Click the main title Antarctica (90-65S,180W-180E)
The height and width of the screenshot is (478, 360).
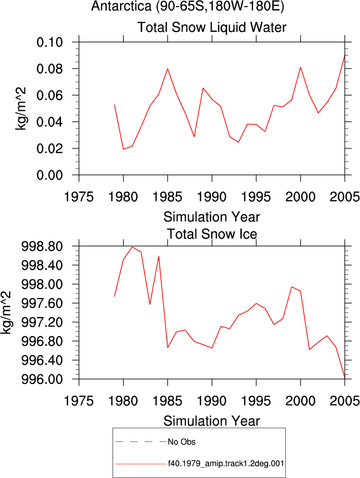188,6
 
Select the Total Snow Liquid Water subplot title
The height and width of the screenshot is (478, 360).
212,27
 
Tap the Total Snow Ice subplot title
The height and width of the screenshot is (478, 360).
212,234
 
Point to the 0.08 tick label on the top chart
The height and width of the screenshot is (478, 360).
50,69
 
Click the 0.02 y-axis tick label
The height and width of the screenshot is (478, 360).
50,148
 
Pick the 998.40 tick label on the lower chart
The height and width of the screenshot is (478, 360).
42,265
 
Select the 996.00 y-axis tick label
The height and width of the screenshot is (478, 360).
42,379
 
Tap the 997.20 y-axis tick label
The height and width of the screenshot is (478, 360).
42,322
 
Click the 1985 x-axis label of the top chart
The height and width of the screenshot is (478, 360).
167,197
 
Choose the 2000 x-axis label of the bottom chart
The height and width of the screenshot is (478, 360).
301,401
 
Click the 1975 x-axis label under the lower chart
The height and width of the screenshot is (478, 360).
79,401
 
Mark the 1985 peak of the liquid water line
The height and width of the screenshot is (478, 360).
167,69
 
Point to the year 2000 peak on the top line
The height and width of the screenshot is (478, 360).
301,67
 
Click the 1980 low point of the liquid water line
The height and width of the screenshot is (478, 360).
123,149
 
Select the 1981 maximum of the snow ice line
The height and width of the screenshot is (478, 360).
132,247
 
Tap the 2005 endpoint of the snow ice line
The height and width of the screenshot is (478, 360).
345,378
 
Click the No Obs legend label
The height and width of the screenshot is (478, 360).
182,442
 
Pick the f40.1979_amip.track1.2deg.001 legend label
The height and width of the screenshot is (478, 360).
226,464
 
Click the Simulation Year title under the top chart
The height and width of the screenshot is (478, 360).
212,217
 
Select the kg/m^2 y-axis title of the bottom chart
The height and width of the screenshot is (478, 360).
6,312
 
